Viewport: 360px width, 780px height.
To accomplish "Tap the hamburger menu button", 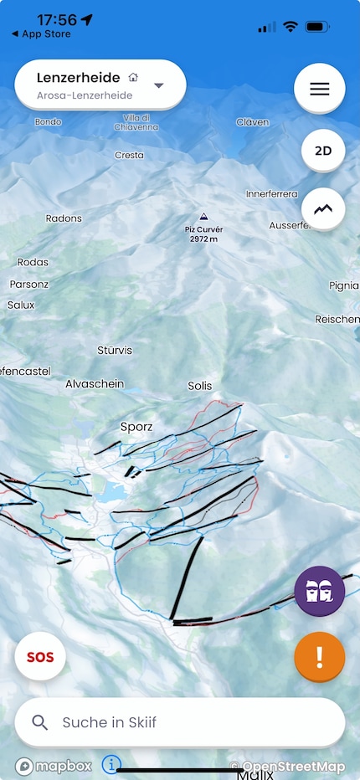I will point(319,89).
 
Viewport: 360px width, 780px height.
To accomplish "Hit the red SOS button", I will point(40,657).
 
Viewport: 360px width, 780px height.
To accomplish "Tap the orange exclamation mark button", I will point(319,657).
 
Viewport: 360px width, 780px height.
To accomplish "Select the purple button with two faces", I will point(319,591).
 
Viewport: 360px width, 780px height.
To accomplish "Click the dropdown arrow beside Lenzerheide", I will point(159,85).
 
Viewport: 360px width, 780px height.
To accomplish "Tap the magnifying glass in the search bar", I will point(39,722).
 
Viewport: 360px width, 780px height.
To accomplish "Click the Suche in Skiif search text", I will point(110,722).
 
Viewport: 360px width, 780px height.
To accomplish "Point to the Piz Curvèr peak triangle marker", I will point(202,216).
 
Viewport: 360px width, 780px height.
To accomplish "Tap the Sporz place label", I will point(136,426).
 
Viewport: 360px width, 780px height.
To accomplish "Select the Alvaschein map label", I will point(95,383).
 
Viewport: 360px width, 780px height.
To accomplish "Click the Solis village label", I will point(200,386).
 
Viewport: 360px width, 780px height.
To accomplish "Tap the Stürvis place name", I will point(115,350).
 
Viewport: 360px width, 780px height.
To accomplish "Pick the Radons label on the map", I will point(64,218).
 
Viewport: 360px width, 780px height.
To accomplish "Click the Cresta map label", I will point(129,155).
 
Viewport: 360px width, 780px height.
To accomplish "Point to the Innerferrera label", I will point(272,193).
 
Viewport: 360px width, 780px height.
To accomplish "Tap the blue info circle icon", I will point(111,764).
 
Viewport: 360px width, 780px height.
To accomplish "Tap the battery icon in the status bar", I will point(317,27).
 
